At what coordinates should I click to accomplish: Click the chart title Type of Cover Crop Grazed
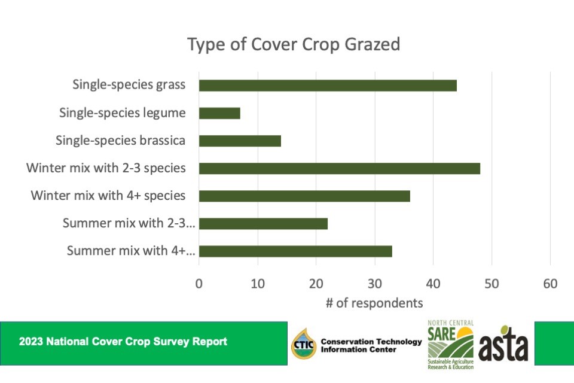(x=294, y=45)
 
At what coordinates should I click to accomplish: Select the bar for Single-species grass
(x=328, y=86)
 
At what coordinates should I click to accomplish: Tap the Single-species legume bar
(x=219, y=113)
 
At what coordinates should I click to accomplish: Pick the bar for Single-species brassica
(x=240, y=141)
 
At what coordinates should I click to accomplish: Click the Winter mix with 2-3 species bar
(x=339, y=168)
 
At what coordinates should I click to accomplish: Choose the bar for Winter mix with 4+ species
(x=304, y=196)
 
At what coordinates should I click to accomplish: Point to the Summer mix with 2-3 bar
(x=263, y=223)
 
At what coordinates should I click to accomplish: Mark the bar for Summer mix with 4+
(x=295, y=251)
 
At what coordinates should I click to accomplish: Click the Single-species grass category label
(x=129, y=85)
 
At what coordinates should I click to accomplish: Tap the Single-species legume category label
(x=123, y=113)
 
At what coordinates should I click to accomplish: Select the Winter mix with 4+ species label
(x=108, y=195)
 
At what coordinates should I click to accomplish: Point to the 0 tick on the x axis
(x=199, y=284)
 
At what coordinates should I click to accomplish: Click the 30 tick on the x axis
(x=375, y=284)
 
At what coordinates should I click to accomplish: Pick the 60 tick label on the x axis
(x=550, y=284)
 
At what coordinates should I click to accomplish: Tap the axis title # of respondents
(x=374, y=303)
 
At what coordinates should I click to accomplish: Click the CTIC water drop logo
(x=303, y=345)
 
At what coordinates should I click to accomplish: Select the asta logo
(x=503, y=344)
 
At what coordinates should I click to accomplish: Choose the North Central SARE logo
(x=450, y=344)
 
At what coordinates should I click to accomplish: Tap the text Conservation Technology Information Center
(x=371, y=345)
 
